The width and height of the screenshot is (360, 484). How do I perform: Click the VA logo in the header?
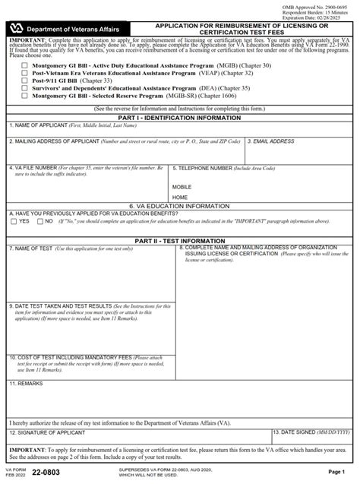pos(17,26)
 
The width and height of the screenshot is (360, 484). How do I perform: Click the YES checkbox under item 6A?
pos(14,222)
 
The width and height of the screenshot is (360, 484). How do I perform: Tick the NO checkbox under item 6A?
pos(39,222)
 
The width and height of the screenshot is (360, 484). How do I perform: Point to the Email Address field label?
pos(273,141)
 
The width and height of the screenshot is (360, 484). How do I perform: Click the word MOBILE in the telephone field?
pos(182,186)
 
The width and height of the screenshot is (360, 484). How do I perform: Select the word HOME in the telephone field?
pos(179,198)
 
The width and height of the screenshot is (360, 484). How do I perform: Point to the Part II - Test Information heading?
pos(180,241)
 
